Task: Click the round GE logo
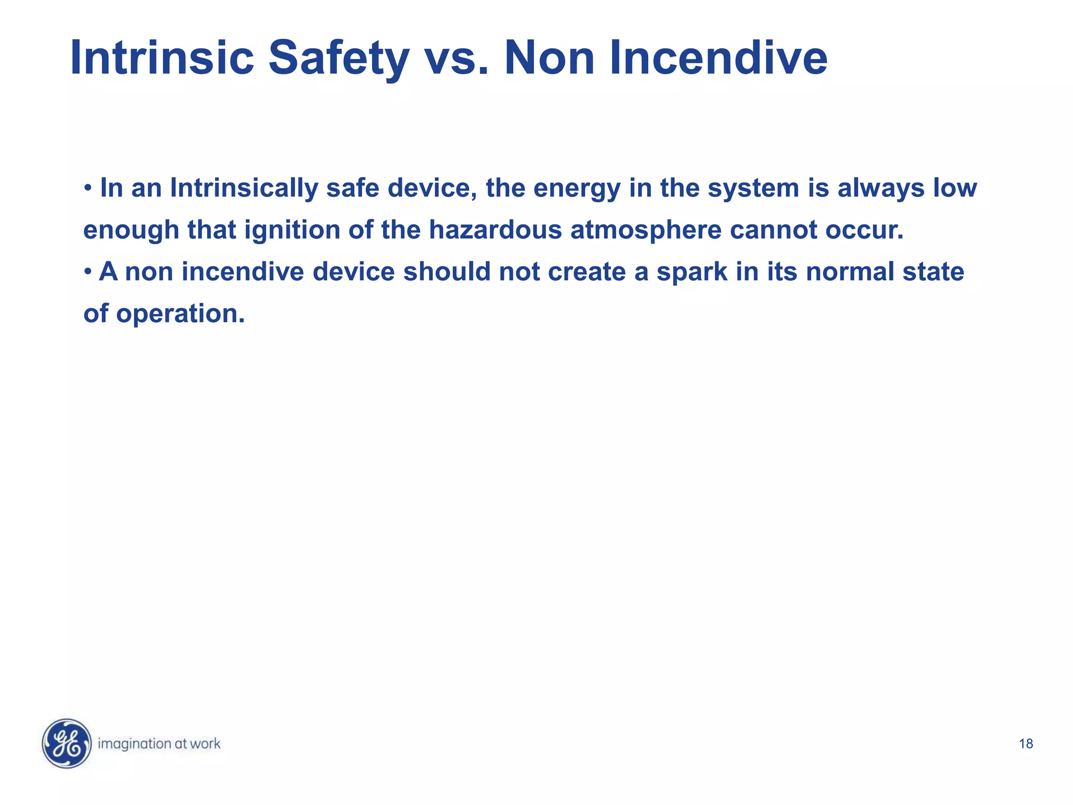pyautogui.click(x=67, y=743)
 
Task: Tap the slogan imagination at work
pyautogui.click(x=159, y=744)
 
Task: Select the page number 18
pyautogui.click(x=1026, y=744)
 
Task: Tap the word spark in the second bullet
pyautogui.click(x=692, y=271)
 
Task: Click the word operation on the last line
pyautogui.click(x=180, y=313)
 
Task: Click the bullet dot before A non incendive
pyautogui.click(x=88, y=271)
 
